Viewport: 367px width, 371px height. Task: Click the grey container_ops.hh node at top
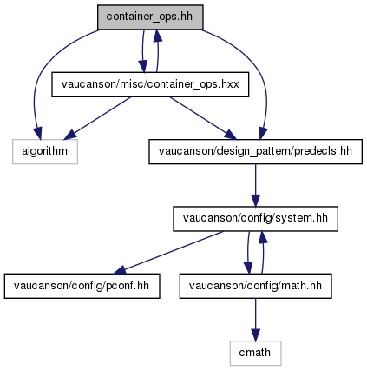pyautogui.click(x=150, y=17)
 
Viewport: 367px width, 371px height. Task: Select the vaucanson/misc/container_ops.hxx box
pyautogui.click(x=150, y=84)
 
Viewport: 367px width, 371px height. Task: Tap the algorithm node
pyautogui.click(x=45, y=151)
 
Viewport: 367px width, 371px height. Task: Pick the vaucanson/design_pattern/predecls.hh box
pyautogui.click(x=255, y=151)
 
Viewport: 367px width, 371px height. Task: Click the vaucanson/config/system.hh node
pyautogui.click(x=255, y=219)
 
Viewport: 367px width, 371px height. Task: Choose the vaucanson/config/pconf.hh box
pyautogui.click(x=82, y=286)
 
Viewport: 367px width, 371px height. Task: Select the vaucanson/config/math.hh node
pyautogui.click(x=255, y=286)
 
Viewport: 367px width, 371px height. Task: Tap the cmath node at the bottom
pyautogui.click(x=255, y=353)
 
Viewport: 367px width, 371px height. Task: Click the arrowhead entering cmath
pyautogui.click(x=255, y=335)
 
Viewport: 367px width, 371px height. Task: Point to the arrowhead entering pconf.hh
pyautogui.click(x=119, y=270)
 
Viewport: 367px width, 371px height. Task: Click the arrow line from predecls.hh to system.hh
pyautogui.click(x=255, y=185)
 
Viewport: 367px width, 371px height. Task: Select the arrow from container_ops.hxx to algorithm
pyautogui.click(x=97, y=118)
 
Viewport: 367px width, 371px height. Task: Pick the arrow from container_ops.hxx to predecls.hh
pyautogui.click(x=203, y=118)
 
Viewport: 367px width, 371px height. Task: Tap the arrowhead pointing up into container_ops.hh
pyautogui.click(x=157, y=35)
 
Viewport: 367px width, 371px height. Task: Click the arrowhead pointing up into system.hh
pyautogui.click(x=263, y=237)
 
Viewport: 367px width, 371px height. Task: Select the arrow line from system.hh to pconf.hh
pyautogui.click(x=168, y=252)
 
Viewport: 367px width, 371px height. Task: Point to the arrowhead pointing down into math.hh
pyautogui.click(x=248, y=268)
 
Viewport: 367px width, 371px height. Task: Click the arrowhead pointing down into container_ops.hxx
pyautogui.click(x=143, y=66)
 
